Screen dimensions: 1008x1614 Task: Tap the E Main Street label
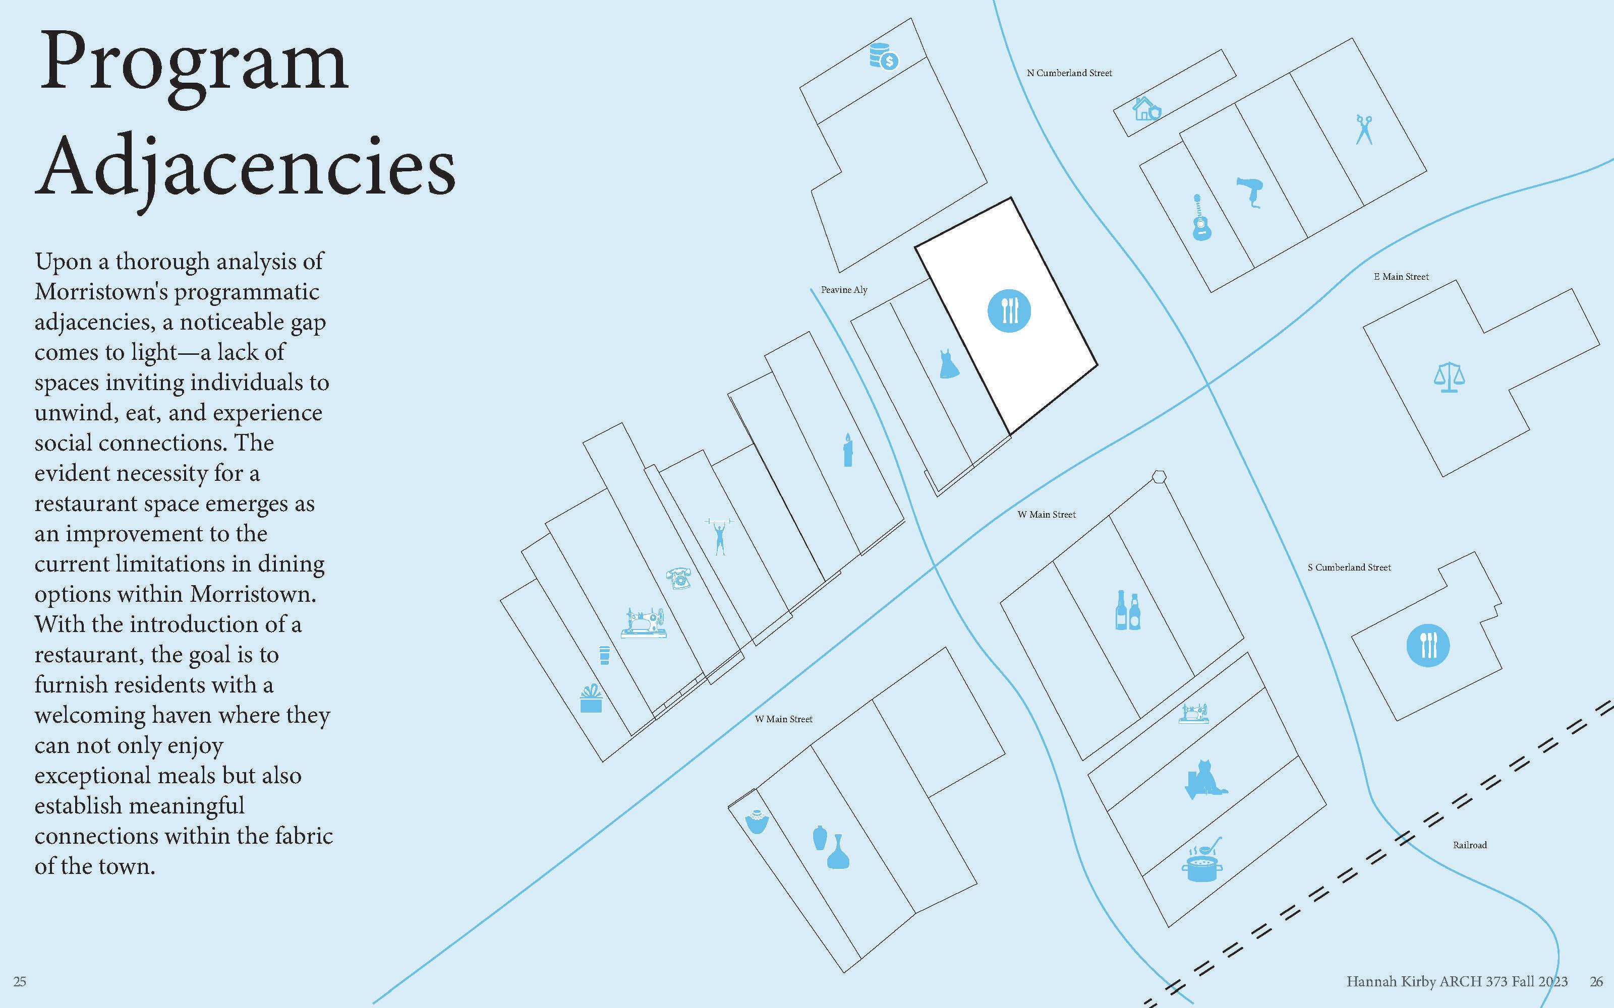pos(1401,277)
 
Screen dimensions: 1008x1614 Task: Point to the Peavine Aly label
pos(844,290)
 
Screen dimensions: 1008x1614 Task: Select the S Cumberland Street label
pos(1349,568)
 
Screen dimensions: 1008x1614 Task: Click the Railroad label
pos(1470,845)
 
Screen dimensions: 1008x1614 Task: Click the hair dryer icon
pos(1250,193)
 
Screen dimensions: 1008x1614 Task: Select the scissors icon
pos(1364,130)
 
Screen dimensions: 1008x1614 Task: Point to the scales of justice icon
pos(1449,377)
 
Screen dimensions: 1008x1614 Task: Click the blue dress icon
pos(948,364)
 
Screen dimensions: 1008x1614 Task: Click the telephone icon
pos(679,578)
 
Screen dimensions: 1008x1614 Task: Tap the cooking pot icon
pos(1203,862)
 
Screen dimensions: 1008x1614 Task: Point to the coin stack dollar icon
pos(884,56)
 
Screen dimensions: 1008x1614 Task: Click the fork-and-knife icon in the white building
pos(1008,310)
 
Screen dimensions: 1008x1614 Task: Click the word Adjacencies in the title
pos(246,167)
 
